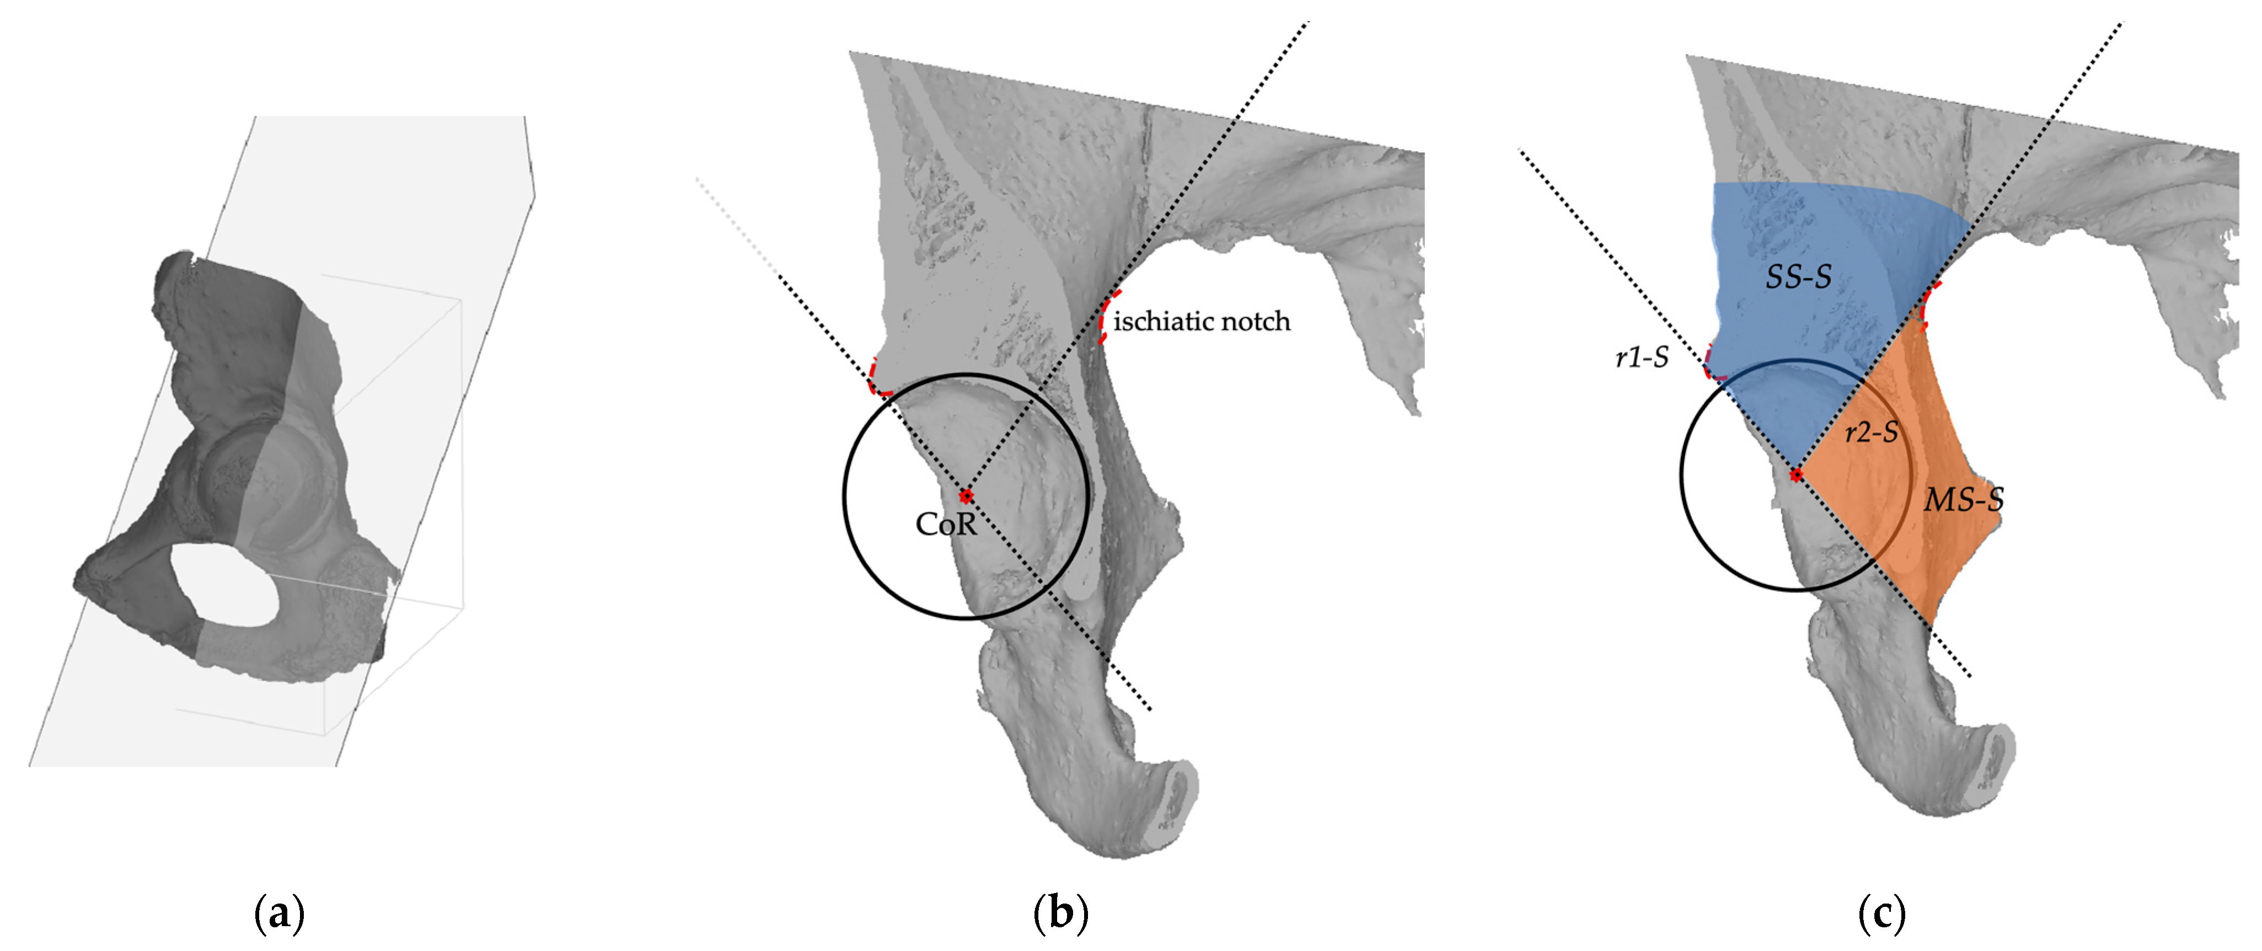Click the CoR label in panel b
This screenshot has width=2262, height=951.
point(946,524)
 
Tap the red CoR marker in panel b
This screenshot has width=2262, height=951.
point(966,496)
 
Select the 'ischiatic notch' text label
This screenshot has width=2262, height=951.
point(1201,322)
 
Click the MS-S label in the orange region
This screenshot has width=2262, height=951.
point(1964,500)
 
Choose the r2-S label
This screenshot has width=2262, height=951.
point(1871,432)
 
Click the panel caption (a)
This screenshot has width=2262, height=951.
point(278,914)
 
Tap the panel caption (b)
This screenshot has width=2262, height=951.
point(1061,914)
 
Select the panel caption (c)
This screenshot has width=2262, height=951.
point(1882,914)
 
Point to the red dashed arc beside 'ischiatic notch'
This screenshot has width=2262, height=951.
point(1105,318)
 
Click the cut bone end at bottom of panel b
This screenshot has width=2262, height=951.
point(1172,799)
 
